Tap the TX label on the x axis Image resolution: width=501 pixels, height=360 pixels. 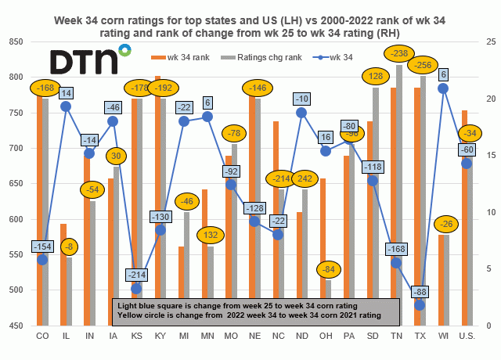[x=420, y=336]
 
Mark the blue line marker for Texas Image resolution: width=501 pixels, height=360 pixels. [x=420, y=304]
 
